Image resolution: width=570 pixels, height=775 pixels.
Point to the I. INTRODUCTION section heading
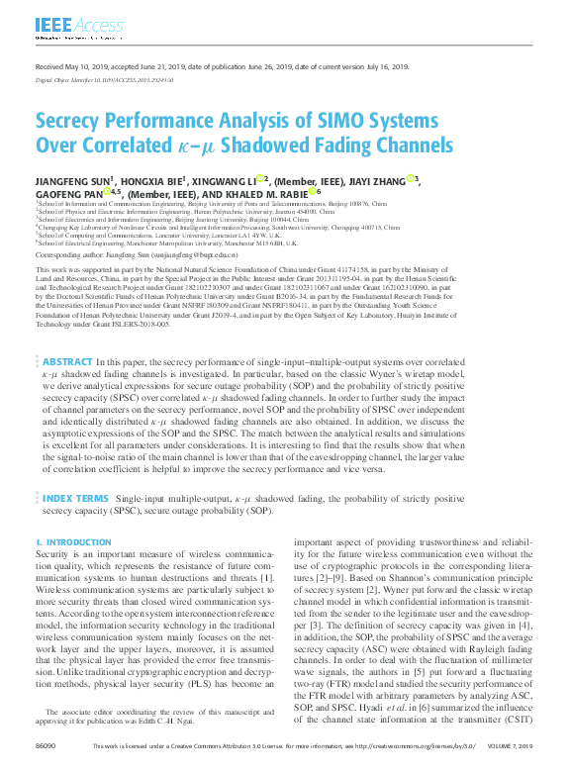pos(73,543)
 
